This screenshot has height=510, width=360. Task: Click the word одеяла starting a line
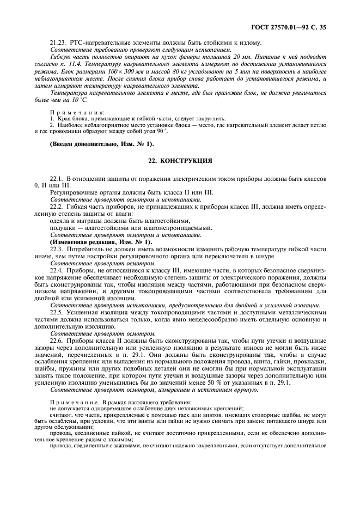coord(59,221)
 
